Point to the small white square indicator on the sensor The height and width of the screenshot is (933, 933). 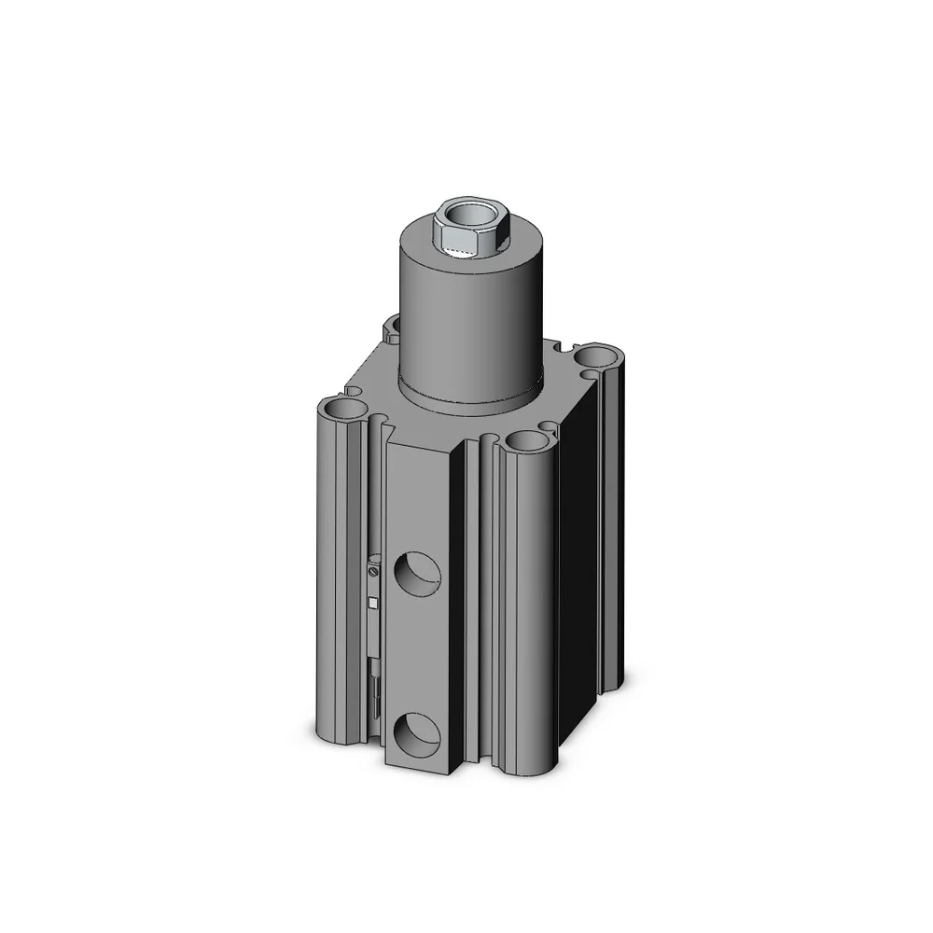tap(373, 603)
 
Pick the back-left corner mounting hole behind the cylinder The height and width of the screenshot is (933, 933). tap(392, 326)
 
